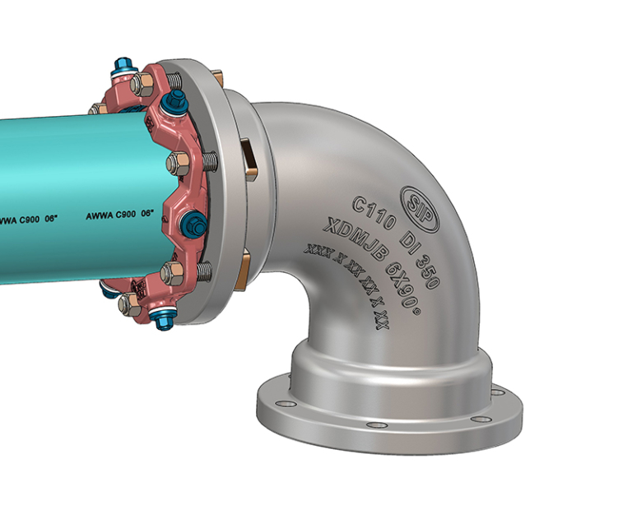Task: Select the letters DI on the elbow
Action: pos(409,237)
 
